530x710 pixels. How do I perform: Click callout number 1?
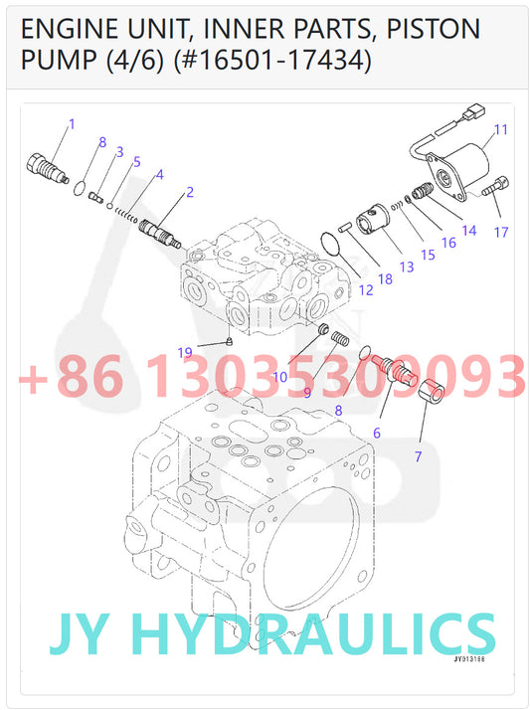click(x=72, y=124)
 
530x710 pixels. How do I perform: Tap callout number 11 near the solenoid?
click(x=500, y=129)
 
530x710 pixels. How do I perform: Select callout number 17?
click(x=500, y=233)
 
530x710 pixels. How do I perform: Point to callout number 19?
click(x=184, y=353)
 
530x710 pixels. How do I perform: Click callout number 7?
click(x=418, y=456)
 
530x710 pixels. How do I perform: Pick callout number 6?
click(x=377, y=433)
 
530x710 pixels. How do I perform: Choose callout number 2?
click(x=189, y=191)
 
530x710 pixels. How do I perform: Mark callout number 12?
click(x=366, y=290)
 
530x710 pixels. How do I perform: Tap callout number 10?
click(x=280, y=377)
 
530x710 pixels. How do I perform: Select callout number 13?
click(x=406, y=266)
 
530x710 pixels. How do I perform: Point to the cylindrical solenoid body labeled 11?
click(x=462, y=162)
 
